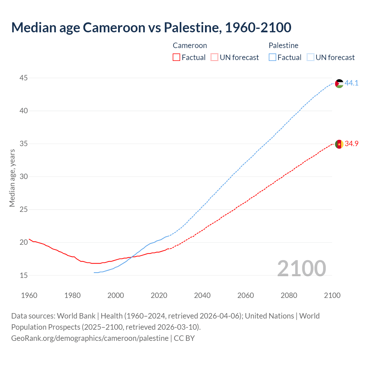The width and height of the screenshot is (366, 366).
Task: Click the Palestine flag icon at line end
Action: click(339, 83)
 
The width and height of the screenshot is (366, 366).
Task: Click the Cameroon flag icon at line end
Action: click(339, 144)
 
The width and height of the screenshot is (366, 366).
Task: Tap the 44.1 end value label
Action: click(351, 83)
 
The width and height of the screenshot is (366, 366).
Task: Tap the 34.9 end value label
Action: click(351, 144)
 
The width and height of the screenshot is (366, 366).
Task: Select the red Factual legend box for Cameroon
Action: click(176, 57)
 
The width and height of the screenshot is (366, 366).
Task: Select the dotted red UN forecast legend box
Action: click(214, 57)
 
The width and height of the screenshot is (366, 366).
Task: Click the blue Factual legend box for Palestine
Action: click(272, 57)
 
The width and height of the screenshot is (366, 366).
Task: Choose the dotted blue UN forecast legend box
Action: click(311, 57)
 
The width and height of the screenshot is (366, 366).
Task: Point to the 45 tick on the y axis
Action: click(24, 78)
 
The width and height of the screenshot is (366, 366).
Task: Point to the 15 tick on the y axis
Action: click(24, 276)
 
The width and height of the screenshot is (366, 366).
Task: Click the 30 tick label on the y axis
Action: click(24, 177)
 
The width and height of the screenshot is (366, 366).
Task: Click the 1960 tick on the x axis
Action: click(29, 295)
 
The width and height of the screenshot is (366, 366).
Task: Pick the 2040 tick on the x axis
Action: click(202, 295)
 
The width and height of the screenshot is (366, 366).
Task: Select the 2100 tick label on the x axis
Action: click(332, 295)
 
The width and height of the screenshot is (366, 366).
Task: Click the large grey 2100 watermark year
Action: click(302, 268)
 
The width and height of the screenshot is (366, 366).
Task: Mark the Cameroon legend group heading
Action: click(190, 45)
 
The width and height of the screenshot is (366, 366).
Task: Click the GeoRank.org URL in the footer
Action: click(90, 338)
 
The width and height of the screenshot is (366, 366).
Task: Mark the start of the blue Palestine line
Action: click(94, 272)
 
